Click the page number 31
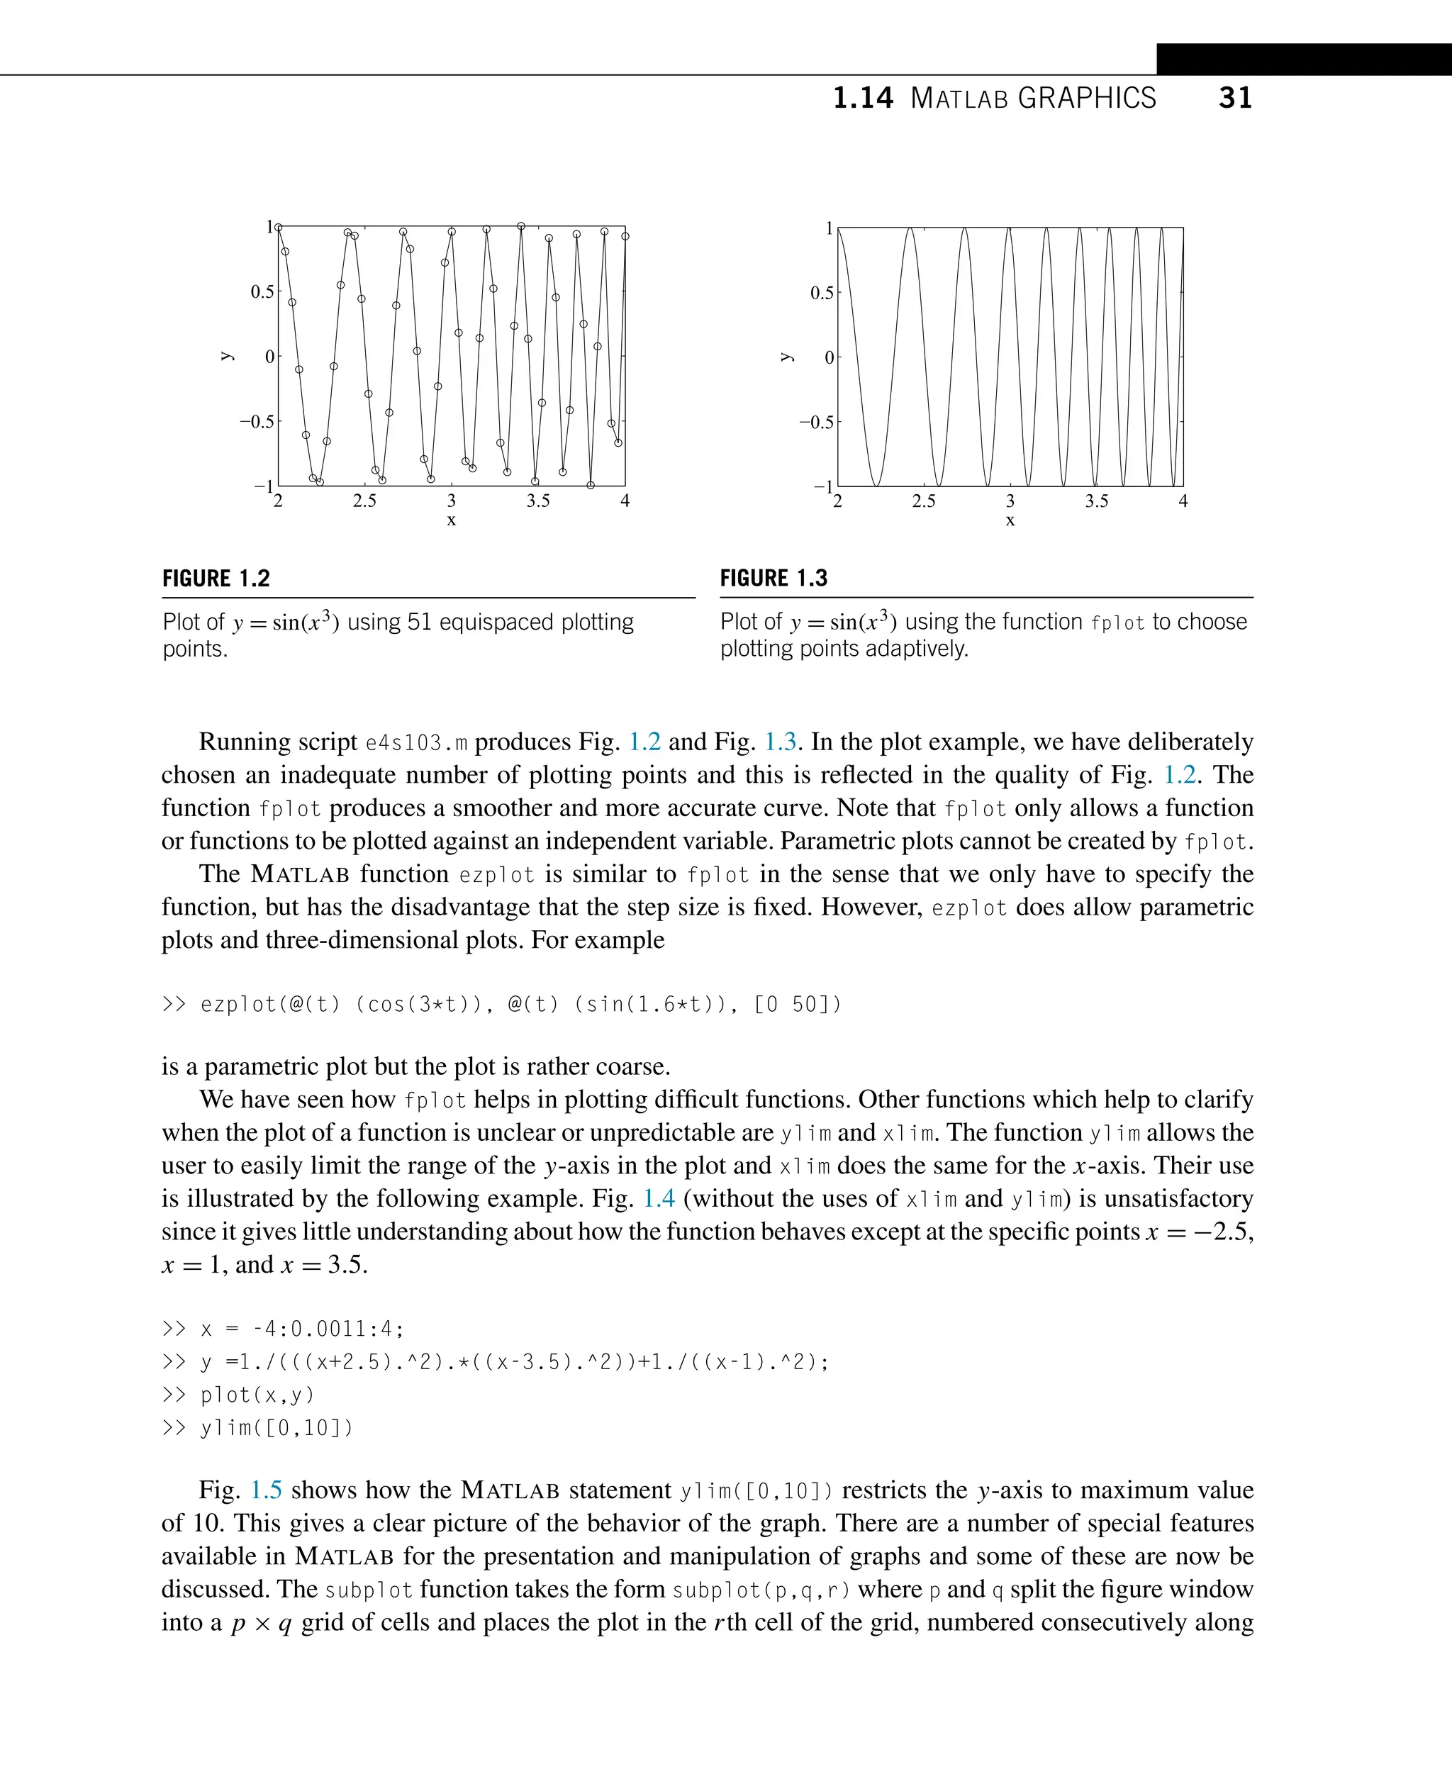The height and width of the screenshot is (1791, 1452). pyautogui.click(x=1234, y=98)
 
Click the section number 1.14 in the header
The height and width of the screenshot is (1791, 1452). pyautogui.click(x=862, y=98)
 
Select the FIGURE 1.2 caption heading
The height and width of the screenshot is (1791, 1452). pyautogui.click(x=216, y=578)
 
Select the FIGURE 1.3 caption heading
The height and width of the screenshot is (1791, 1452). pyautogui.click(x=774, y=578)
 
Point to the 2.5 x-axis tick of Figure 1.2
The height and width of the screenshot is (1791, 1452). pyautogui.click(x=364, y=501)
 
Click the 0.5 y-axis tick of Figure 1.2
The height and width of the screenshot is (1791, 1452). pyautogui.click(x=262, y=292)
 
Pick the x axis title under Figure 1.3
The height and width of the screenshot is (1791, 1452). pyautogui.click(x=1010, y=520)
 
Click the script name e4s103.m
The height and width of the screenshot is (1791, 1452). pyautogui.click(x=417, y=743)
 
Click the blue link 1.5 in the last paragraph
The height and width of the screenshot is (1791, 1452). pyautogui.click(x=266, y=1490)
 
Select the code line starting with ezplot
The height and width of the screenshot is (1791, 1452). pyautogui.click(x=502, y=1004)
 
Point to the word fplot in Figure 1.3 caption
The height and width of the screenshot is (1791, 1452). pyautogui.click(x=1117, y=623)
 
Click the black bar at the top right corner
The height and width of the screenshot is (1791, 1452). pyautogui.click(x=1303, y=60)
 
